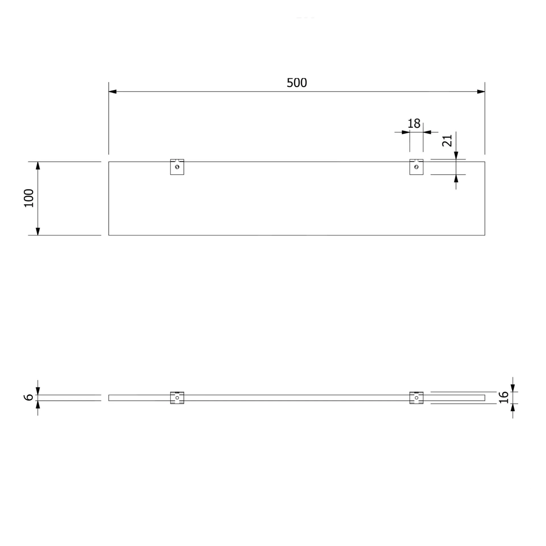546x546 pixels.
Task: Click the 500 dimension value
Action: [297, 83]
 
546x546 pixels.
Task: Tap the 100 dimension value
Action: [29, 198]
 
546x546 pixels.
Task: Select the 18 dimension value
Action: [414, 124]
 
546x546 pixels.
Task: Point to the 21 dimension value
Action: [447, 140]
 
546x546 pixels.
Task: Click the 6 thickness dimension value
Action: [29, 397]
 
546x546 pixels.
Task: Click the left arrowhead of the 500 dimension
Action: [113, 92]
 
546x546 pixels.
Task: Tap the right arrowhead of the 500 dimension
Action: [481, 92]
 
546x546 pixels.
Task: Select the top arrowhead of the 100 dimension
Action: [38, 166]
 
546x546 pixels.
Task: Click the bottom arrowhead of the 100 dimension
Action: [38, 231]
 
